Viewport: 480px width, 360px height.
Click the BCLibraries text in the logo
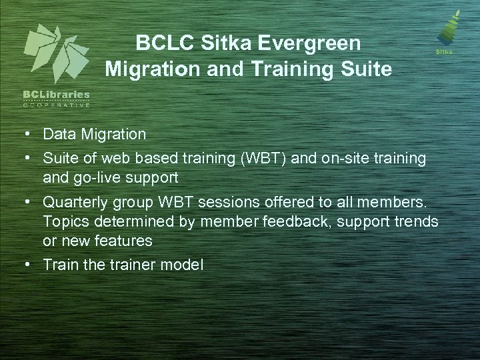click(57, 96)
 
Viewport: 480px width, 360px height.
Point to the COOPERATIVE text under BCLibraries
click(57, 105)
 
